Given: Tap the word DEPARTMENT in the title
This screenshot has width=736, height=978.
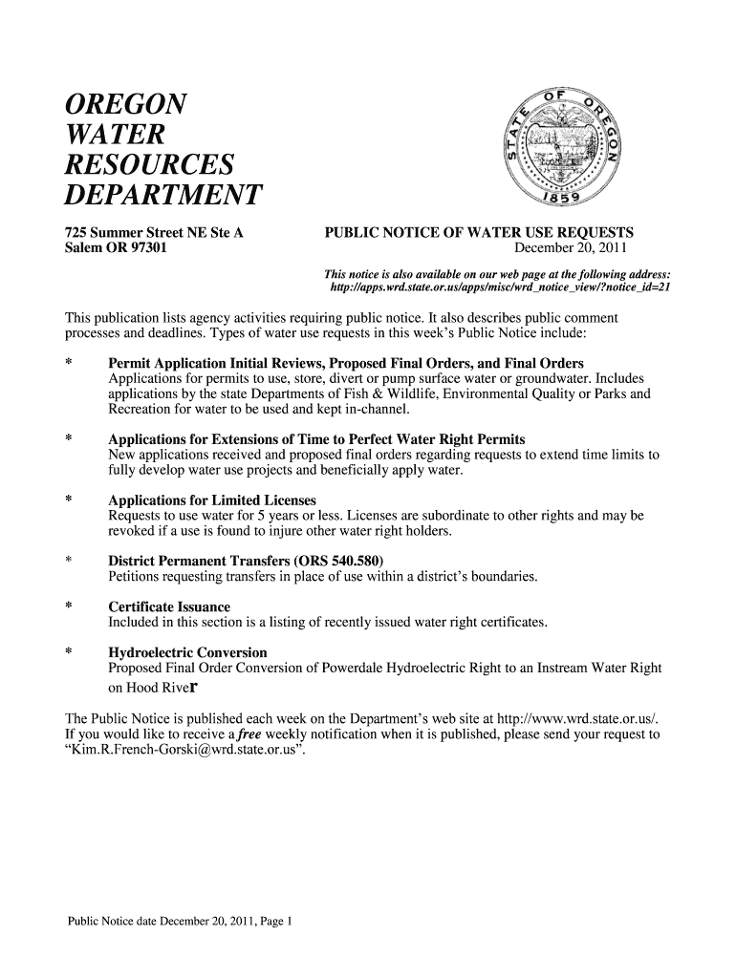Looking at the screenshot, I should click(162, 196).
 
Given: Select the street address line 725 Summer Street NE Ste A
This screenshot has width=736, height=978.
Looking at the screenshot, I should click(154, 232).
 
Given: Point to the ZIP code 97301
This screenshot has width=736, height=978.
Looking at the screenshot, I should click(144, 248).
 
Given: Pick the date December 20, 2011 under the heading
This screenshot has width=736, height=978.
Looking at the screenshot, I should click(571, 248).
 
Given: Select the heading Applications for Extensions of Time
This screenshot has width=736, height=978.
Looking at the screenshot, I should click(316, 439).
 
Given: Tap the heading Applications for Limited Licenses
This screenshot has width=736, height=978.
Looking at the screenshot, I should click(212, 500).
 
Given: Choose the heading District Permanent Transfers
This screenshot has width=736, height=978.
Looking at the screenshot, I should click(246, 562).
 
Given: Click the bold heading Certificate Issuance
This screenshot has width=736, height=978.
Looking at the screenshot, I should click(169, 607).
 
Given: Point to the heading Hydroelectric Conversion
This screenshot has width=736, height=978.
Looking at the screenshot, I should click(187, 653).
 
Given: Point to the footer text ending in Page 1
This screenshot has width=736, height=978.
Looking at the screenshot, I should click(181, 922).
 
